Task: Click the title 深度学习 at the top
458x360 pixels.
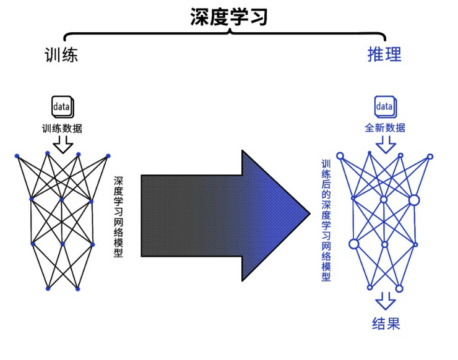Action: [228, 17]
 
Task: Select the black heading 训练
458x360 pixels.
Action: [61, 55]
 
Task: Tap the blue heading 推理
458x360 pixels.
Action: [384, 54]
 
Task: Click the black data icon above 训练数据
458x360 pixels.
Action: [62, 106]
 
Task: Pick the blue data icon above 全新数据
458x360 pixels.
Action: [384, 106]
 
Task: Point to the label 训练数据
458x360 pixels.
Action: [62, 129]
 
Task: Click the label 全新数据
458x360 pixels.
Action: [385, 128]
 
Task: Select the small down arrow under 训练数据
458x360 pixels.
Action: [62, 145]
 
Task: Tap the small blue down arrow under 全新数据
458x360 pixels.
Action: [385, 145]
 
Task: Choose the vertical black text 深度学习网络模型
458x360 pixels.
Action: [118, 216]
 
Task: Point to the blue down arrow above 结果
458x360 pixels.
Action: [386, 301]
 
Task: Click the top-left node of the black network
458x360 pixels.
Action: [17, 155]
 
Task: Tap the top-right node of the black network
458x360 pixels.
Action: [108, 155]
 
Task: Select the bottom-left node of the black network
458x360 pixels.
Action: [47, 288]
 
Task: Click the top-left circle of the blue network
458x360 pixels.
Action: [340, 155]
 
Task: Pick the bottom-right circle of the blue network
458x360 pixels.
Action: [399, 288]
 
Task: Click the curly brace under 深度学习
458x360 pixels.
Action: [228, 35]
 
